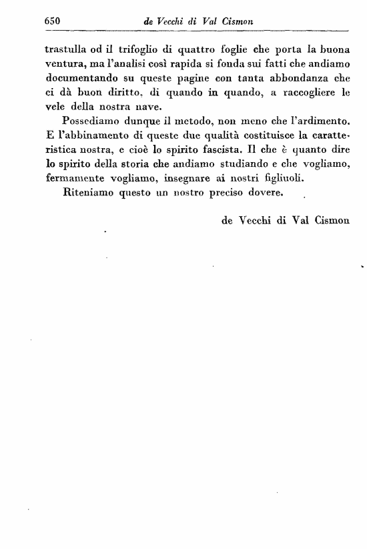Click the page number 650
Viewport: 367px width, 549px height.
tap(52, 21)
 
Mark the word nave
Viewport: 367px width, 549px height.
tap(149, 110)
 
